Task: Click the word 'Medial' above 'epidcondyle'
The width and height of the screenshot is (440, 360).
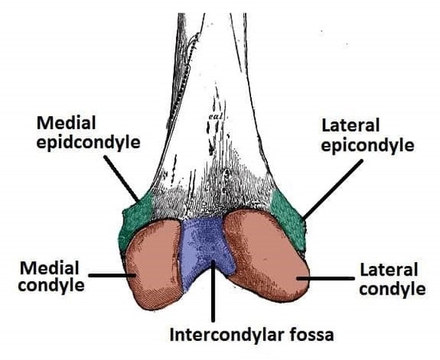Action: (x=66, y=123)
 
